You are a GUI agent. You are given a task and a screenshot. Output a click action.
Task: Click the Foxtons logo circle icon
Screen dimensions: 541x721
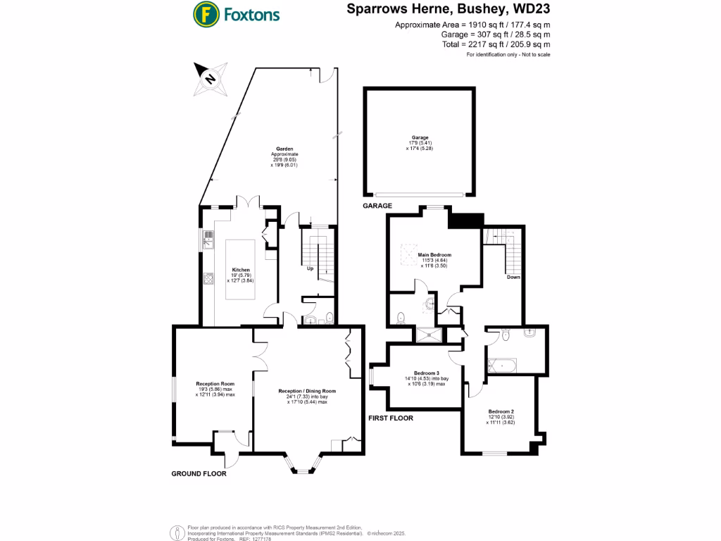click(206, 14)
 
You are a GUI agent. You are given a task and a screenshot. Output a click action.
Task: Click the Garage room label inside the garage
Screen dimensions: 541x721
click(420, 137)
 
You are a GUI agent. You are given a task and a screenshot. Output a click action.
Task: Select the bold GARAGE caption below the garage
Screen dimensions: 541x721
click(378, 206)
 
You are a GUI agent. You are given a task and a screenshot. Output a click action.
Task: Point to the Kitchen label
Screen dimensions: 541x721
click(242, 269)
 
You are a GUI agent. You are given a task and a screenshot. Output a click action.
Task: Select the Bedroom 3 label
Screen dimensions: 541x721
click(427, 373)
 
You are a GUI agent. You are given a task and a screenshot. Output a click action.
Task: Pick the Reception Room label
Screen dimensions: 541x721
click(215, 384)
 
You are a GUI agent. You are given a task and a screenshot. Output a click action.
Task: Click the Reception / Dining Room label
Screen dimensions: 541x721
click(307, 391)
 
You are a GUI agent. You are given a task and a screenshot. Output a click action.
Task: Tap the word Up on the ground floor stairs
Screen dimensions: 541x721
click(310, 268)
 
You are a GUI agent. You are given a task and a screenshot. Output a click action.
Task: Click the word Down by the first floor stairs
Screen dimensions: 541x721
click(513, 277)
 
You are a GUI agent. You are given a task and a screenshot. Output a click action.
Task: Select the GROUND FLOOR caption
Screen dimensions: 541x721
click(199, 474)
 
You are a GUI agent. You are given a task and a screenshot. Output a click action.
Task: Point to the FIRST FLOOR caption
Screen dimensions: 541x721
click(391, 418)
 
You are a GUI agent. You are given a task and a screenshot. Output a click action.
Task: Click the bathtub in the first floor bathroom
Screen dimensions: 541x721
click(502, 366)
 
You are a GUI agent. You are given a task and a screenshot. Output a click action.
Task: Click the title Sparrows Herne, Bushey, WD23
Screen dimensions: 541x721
click(448, 10)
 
